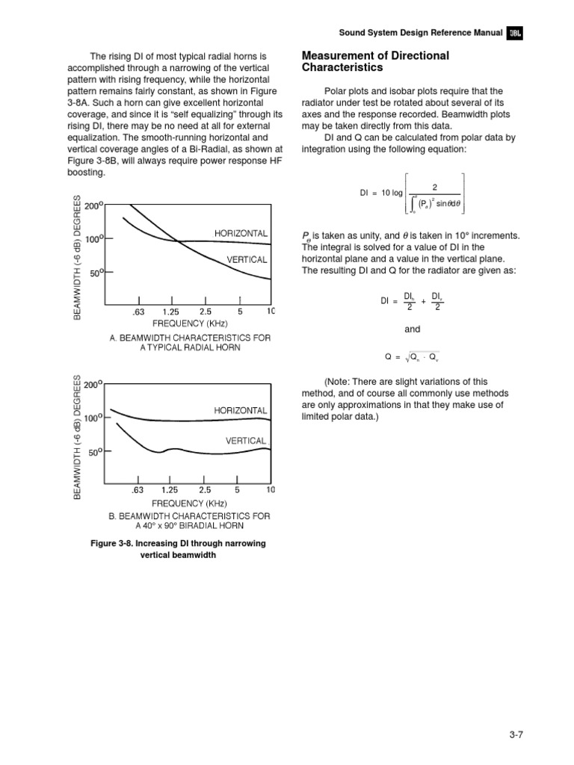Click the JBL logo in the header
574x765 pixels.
[x=515, y=33]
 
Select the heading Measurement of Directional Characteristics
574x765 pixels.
[x=374, y=61]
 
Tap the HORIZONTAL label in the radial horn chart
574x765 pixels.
[x=241, y=234]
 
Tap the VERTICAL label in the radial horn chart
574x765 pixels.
[x=247, y=259]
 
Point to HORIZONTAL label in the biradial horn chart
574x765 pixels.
[x=241, y=410]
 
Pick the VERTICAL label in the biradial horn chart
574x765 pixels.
[x=247, y=441]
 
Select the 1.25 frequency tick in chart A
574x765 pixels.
[x=173, y=311]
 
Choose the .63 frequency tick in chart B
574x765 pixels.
[x=137, y=490]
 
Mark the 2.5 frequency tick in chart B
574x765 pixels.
[x=205, y=490]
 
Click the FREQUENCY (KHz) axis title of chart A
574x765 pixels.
[x=190, y=323]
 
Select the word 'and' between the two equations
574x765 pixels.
[x=412, y=329]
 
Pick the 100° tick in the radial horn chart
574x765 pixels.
[x=93, y=239]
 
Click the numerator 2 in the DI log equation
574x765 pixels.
[x=434, y=187]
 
